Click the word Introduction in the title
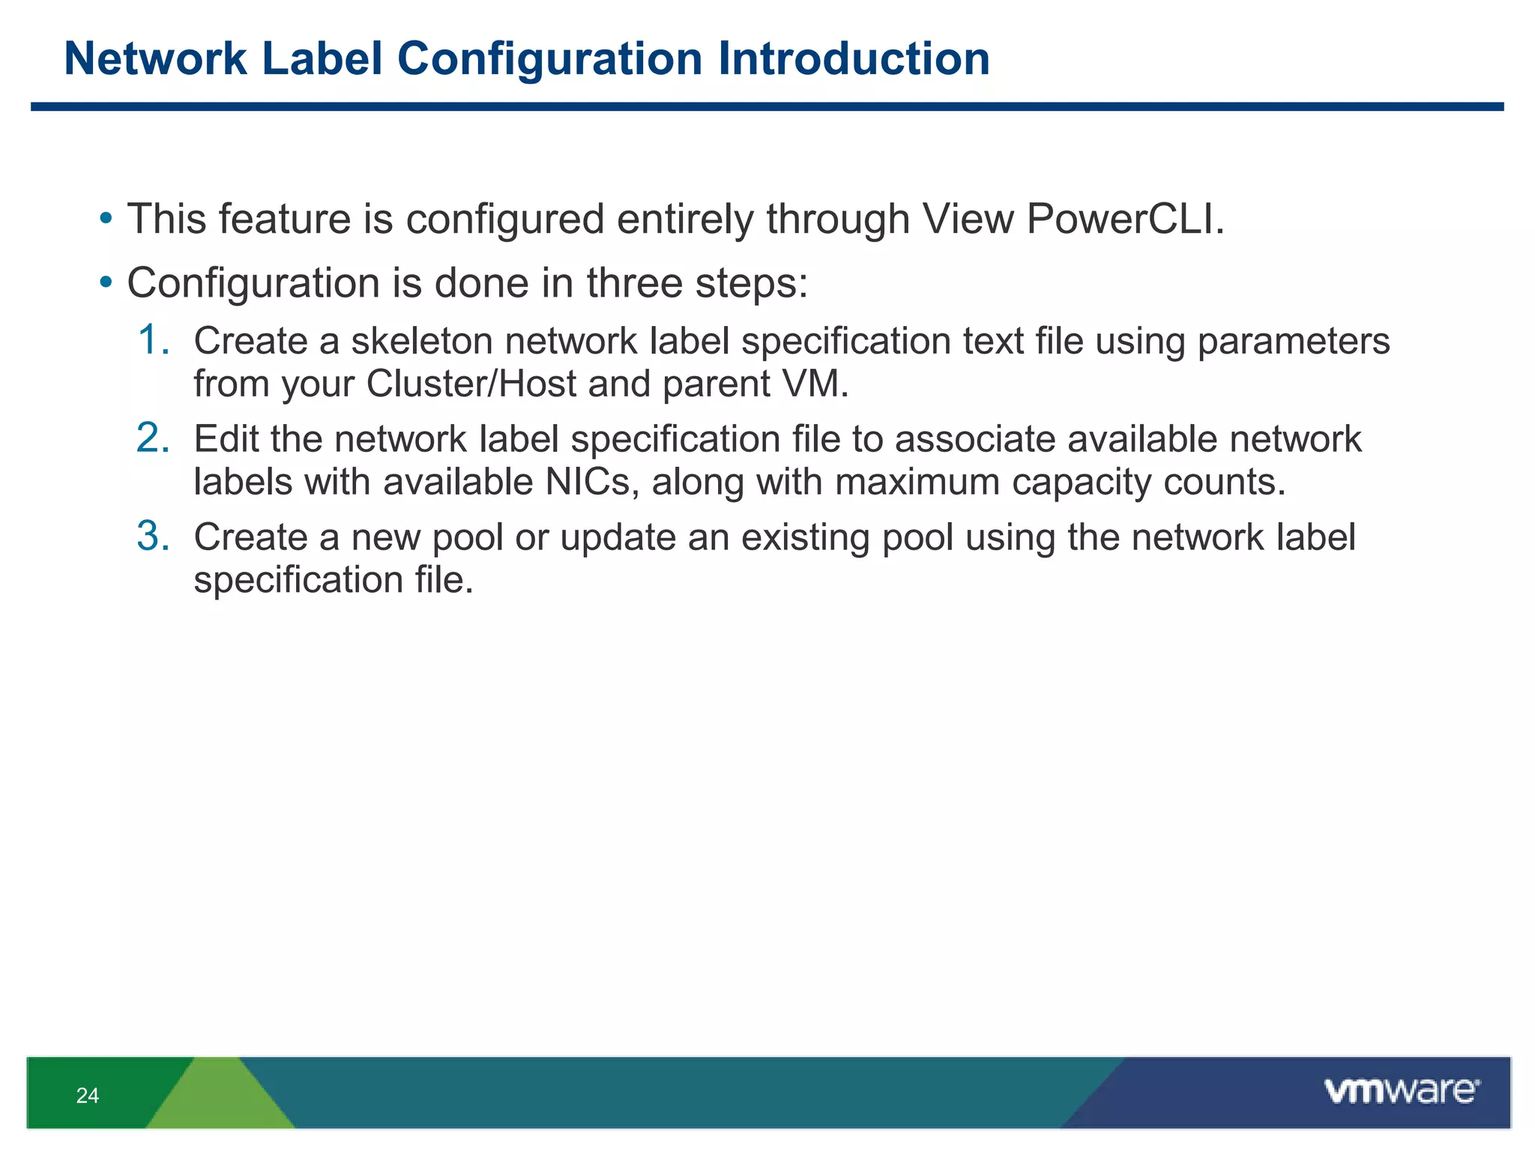tap(854, 58)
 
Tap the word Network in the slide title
tap(155, 58)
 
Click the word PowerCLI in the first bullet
tap(1124, 220)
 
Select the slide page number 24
tap(88, 1096)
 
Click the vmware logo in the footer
tap(1402, 1091)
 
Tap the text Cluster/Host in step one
tap(471, 384)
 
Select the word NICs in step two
tap(591, 482)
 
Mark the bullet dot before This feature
tap(106, 220)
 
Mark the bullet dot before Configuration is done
tap(106, 283)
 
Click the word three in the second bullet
tap(634, 283)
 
